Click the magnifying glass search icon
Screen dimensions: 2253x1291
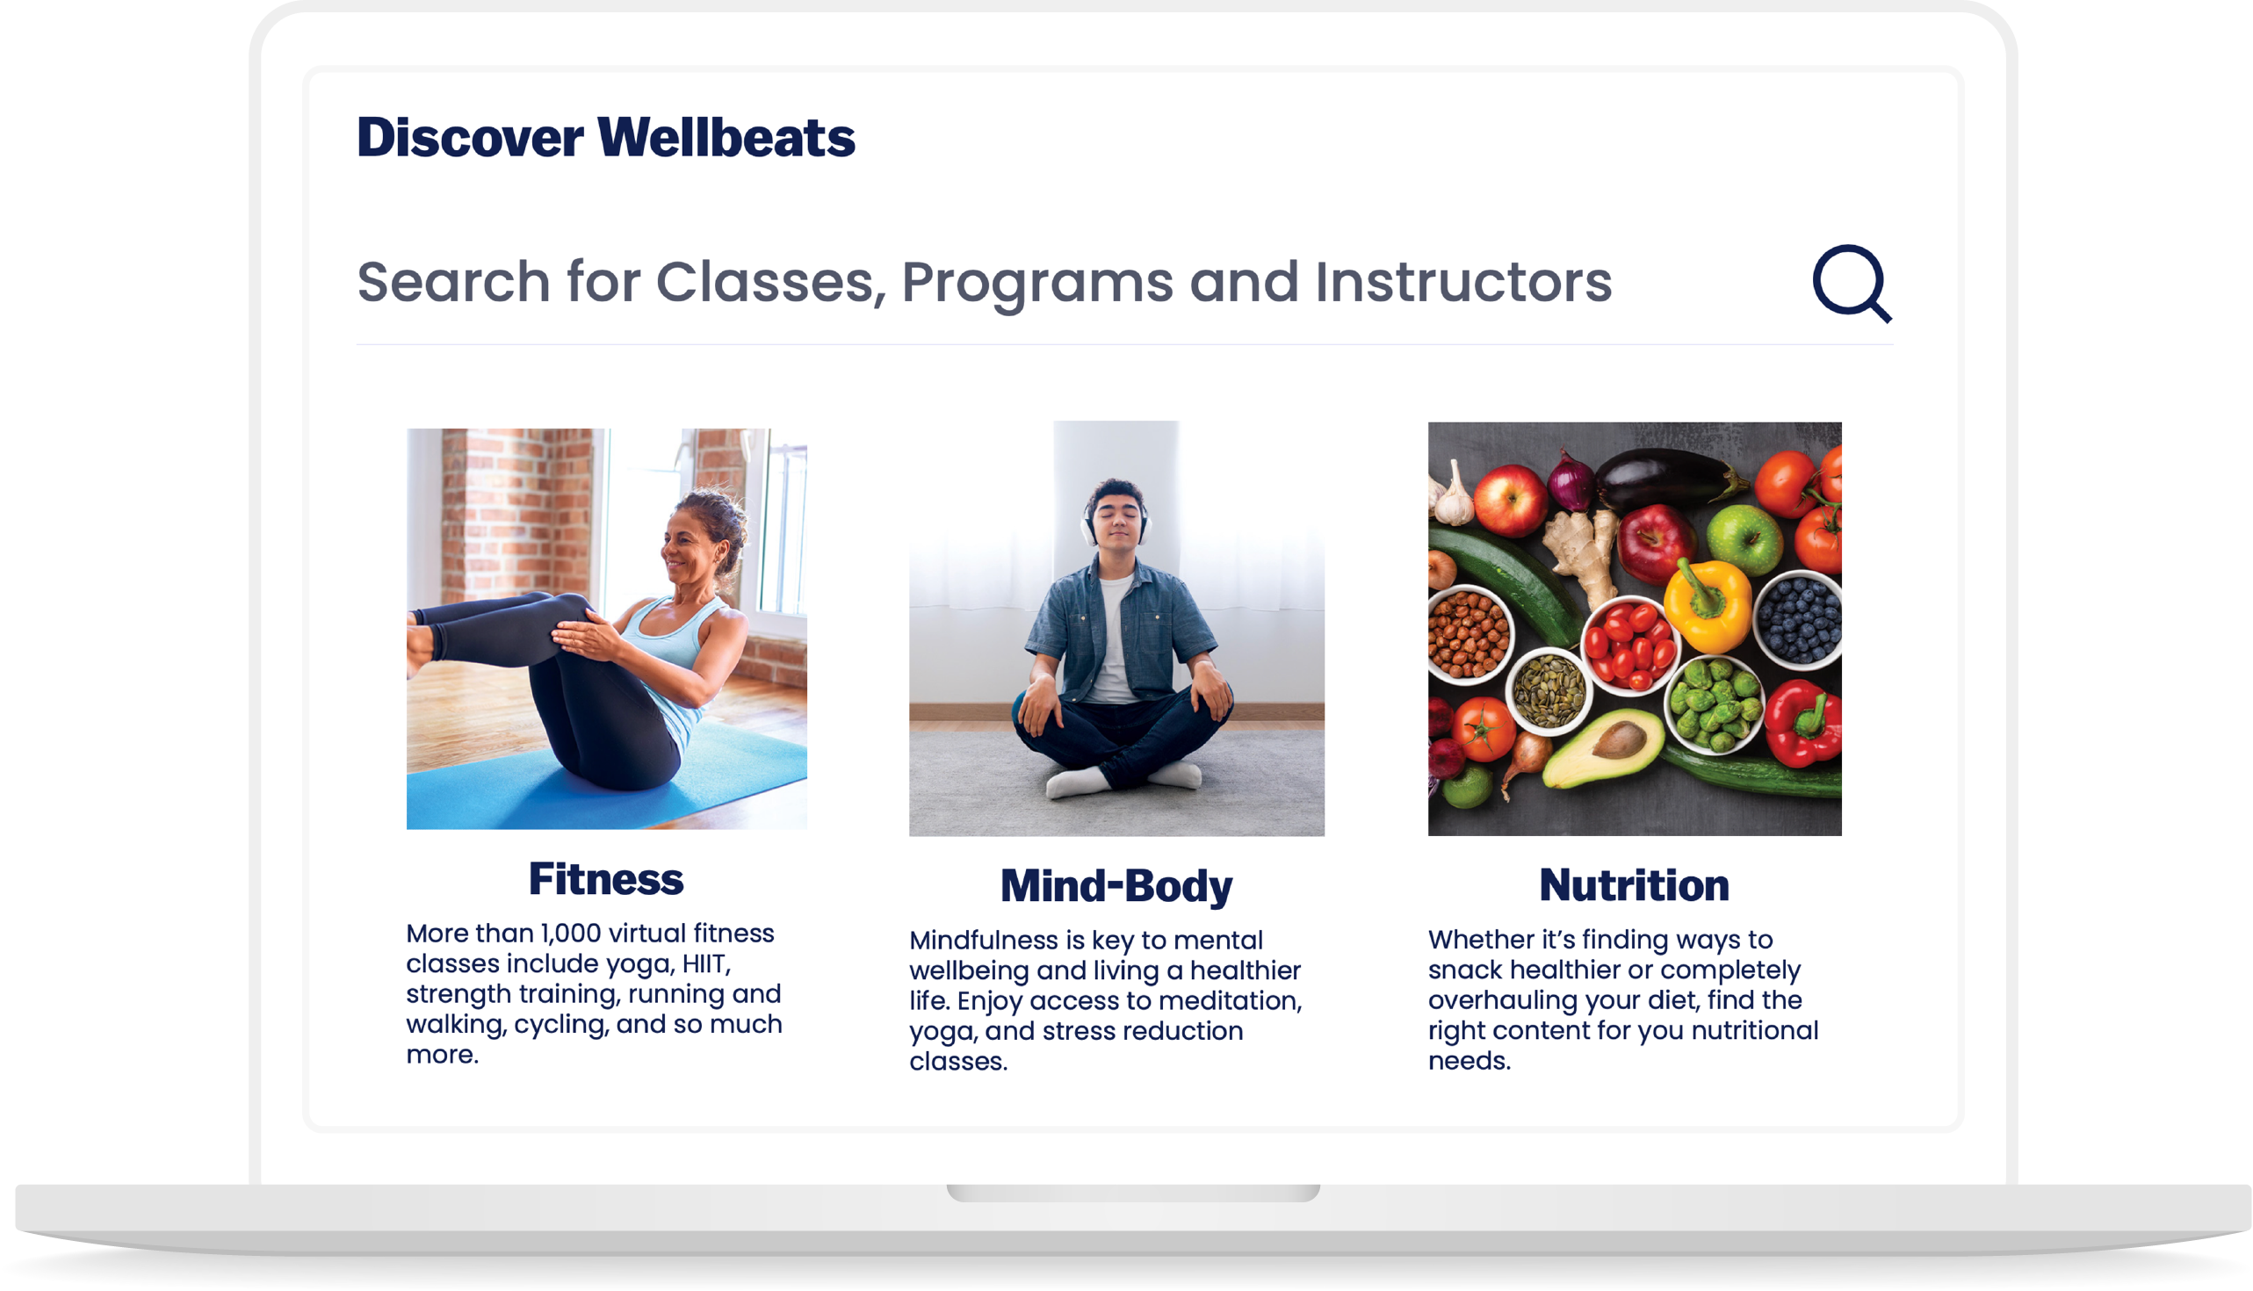pos(1851,283)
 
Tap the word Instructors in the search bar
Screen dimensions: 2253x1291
pos(1463,282)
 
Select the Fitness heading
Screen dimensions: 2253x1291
pos(605,879)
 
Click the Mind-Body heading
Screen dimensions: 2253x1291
pos(1116,886)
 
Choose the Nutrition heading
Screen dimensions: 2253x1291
pos(1634,885)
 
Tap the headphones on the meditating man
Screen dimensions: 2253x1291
pos(1115,519)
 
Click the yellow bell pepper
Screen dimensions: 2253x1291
pos(1707,606)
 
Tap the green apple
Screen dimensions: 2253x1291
pos(1744,537)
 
